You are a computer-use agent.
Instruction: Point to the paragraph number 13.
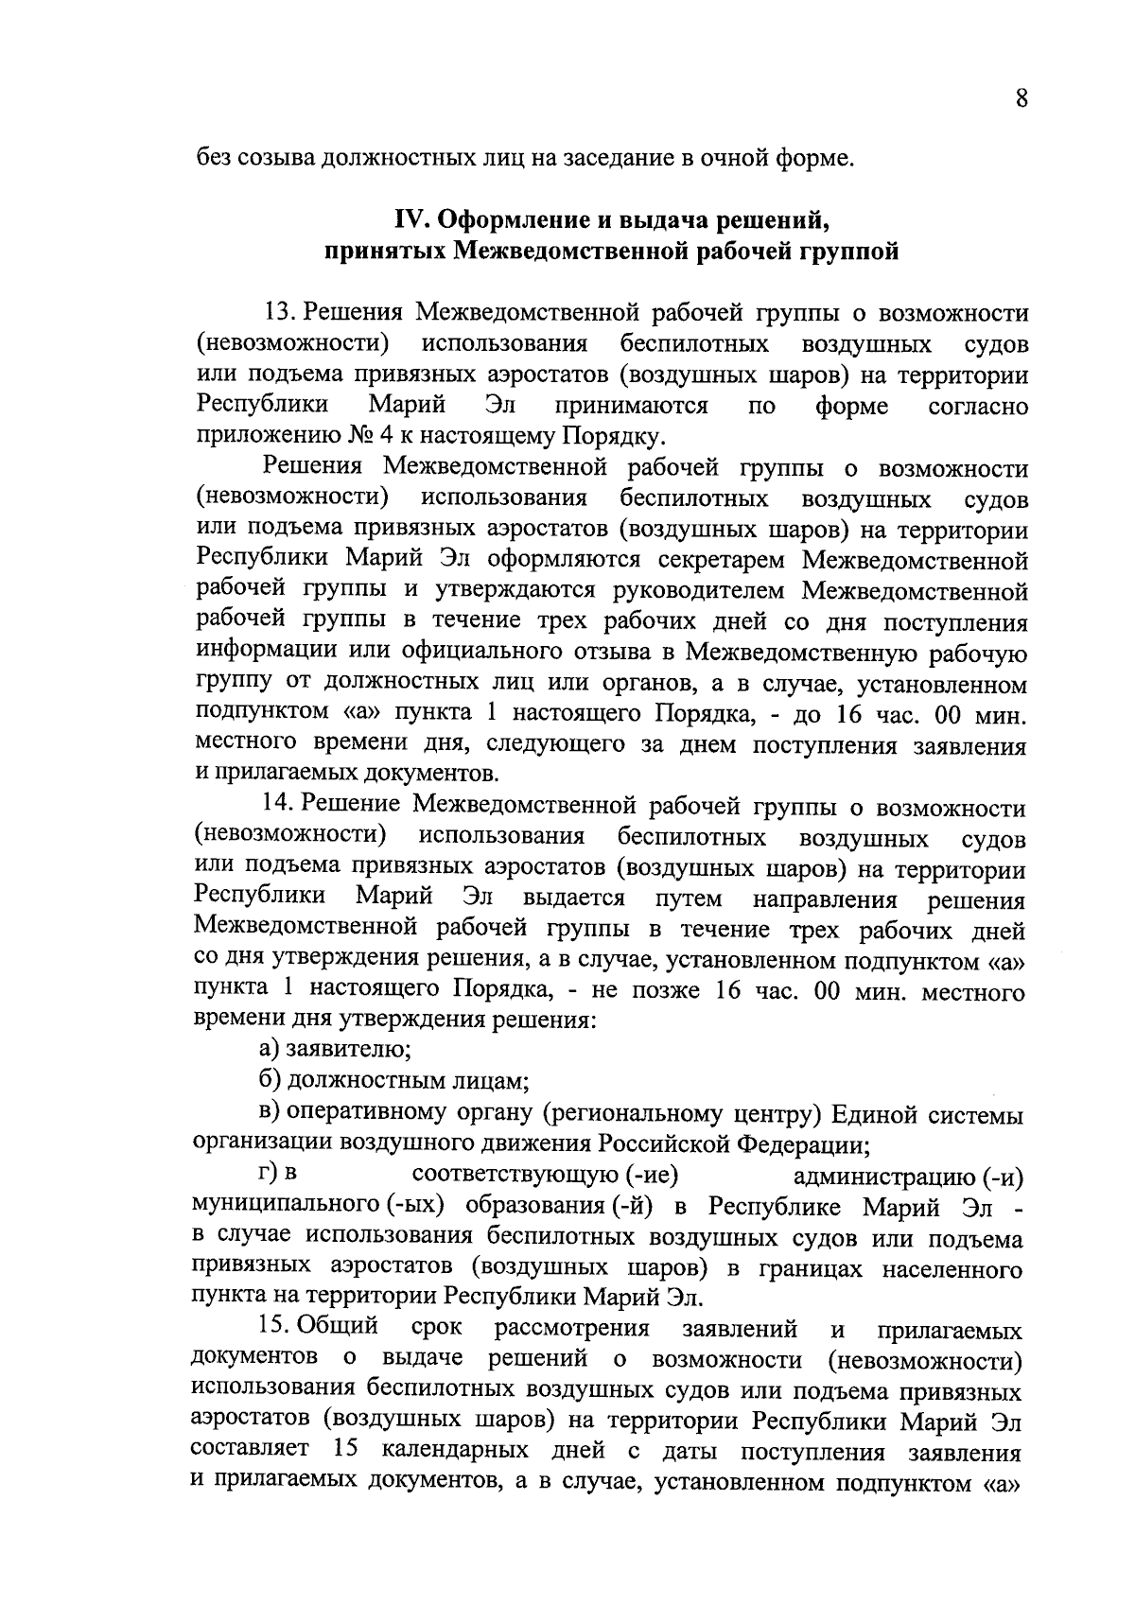coord(280,313)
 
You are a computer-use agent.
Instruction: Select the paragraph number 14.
coord(280,807)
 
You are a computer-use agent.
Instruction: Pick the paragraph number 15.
coord(280,1328)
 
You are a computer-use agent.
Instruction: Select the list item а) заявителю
coord(335,1049)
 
